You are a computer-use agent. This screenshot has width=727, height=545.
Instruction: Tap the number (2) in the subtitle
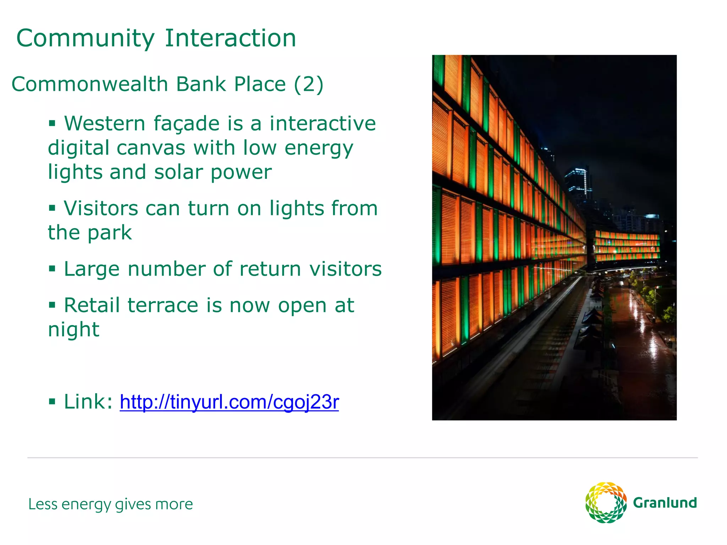(x=308, y=84)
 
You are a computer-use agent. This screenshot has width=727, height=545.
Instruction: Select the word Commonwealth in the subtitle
(x=90, y=84)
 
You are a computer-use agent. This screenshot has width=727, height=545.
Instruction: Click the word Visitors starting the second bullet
(x=101, y=208)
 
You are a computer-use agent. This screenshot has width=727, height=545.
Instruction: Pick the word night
(x=73, y=330)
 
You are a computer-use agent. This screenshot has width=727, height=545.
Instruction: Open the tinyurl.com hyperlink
(x=229, y=402)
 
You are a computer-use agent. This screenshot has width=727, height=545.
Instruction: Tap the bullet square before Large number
(x=52, y=269)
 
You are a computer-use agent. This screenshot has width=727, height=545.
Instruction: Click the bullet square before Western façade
(x=52, y=123)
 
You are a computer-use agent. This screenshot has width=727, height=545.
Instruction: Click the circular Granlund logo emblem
(x=606, y=502)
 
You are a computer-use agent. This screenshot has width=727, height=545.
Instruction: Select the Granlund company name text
(x=665, y=503)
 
